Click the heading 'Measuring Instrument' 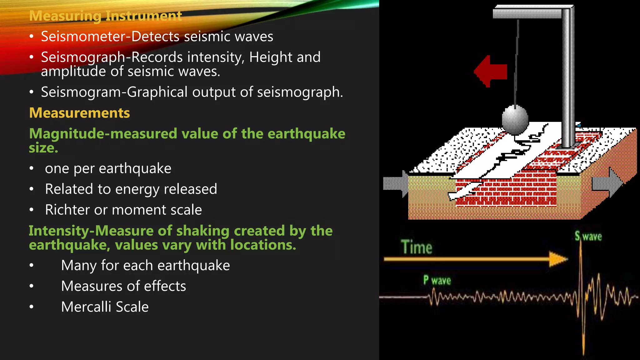(x=105, y=16)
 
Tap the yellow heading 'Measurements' (x=79, y=113)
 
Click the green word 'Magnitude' (x=67, y=134)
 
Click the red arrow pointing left (x=490, y=71)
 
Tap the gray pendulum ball (x=515, y=120)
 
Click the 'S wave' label (x=588, y=236)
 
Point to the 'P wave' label (x=437, y=280)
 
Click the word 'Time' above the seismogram (x=417, y=247)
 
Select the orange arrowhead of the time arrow (x=558, y=259)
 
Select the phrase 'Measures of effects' (x=123, y=286)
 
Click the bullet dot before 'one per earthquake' (x=31, y=169)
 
